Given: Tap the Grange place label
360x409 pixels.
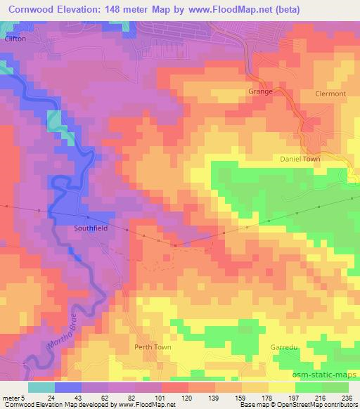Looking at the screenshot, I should pos(260,92).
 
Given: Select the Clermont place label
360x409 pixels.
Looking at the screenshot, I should pos(330,93).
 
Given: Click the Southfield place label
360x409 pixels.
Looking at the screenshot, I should pos(90,228).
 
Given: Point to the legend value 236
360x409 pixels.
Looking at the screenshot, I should pos(348,398).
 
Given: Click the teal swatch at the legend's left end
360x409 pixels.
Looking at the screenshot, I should pos(41,387).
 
